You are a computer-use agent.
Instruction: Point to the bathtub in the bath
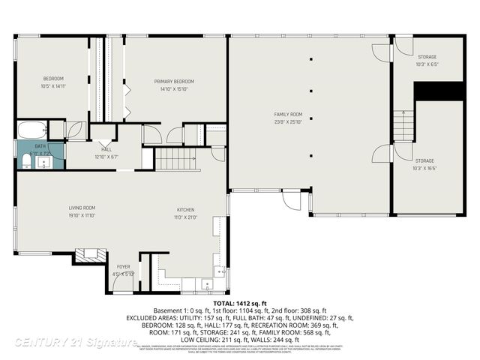tap(32, 128)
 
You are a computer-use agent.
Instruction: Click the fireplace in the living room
tap(89, 255)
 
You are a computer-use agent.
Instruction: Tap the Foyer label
tap(124, 266)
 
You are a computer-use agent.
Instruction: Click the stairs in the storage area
tap(403, 124)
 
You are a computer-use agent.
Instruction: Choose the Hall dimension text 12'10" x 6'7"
tap(106, 157)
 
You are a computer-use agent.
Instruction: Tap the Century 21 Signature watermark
tap(75, 343)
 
